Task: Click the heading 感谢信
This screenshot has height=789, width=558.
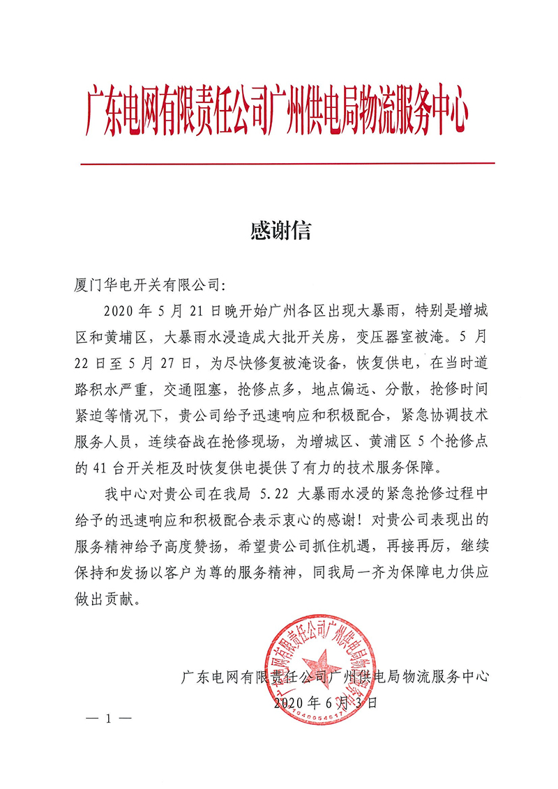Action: click(x=280, y=231)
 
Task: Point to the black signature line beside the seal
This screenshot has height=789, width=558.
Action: click(x=335, y=675)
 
